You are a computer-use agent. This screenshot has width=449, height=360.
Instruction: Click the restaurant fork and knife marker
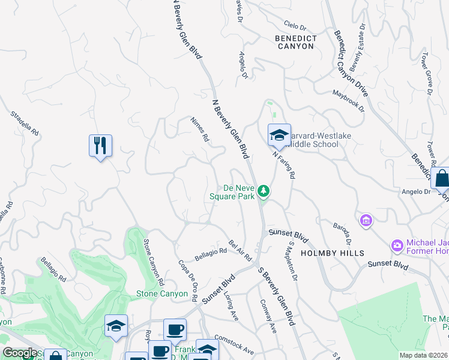point(100,146)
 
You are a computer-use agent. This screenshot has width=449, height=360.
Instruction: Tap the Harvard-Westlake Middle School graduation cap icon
point(279,136)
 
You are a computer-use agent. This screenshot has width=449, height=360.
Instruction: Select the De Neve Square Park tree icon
point(263,191)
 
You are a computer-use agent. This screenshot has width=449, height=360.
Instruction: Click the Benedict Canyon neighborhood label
point(295,41)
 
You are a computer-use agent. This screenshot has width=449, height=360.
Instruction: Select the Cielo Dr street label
point(295,28)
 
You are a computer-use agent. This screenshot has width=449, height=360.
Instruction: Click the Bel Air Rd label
point(240,250)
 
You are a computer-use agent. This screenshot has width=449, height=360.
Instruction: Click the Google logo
point(20,353)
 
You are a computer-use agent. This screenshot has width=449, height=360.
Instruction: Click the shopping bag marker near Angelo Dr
point(441,178)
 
